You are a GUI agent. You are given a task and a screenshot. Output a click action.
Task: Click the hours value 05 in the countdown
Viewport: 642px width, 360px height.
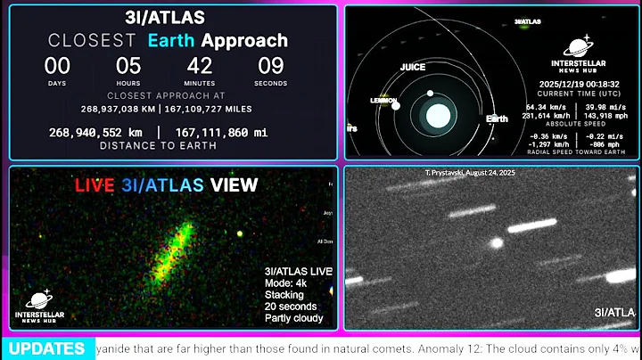(129, 66)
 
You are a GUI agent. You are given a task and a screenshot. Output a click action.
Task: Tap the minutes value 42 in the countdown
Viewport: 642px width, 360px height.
(200, 66)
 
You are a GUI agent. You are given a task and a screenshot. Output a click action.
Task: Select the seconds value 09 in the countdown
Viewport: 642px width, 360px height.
(270, 66)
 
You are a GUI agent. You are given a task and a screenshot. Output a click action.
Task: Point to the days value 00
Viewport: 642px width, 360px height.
(58, 66)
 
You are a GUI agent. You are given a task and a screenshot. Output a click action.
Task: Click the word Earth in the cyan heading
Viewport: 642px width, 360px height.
(171, 40)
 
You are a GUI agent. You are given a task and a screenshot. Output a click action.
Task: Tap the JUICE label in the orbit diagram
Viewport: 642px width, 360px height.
(412, 67)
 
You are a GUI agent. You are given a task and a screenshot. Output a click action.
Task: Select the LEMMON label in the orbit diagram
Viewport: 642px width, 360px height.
(383, 101)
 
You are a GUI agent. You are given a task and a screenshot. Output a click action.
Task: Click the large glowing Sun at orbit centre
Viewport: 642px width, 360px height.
(438, 114)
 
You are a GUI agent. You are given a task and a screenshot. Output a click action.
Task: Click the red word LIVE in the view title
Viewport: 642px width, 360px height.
(95, 185)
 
